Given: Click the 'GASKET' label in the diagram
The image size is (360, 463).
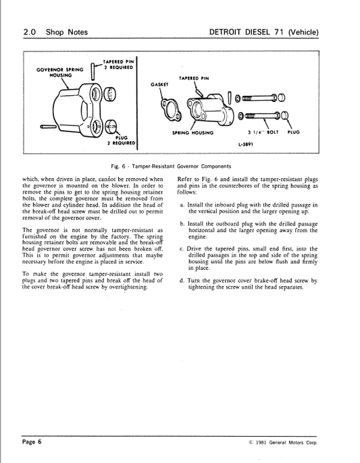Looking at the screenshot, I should pyautogui.click(x=159, y=85).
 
